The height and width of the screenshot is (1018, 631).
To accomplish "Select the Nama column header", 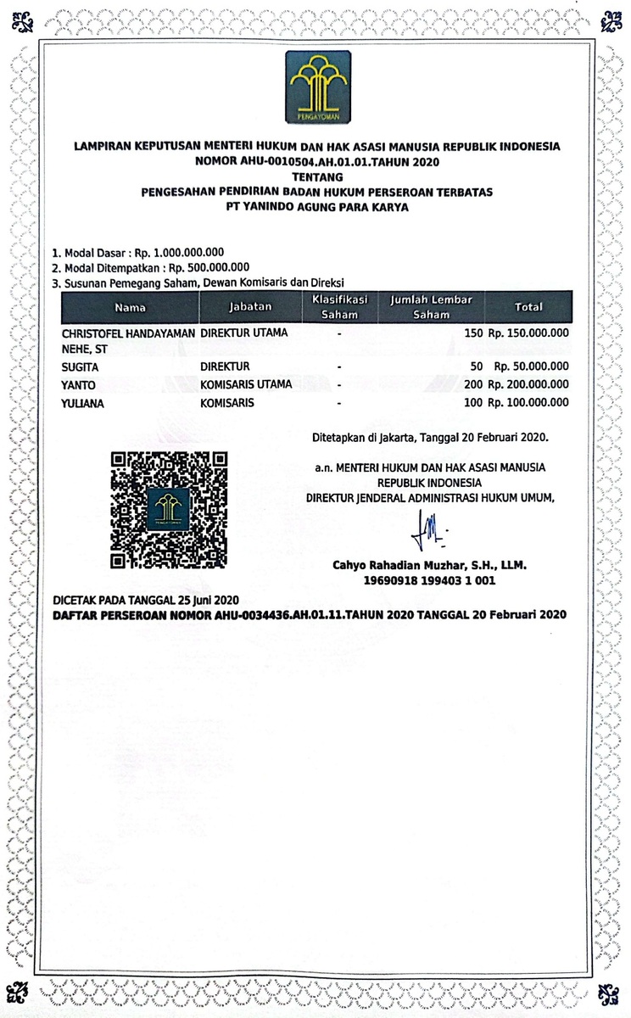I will click(130, 307).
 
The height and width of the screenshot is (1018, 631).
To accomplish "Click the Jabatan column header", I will click(249, 307).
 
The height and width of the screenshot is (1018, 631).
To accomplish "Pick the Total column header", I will click(528, 307).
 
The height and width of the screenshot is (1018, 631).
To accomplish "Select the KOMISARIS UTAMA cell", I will click(246, 384).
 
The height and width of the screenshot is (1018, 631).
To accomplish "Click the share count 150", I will click(472, 333).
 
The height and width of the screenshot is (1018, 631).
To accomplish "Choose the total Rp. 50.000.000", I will click(531, 366).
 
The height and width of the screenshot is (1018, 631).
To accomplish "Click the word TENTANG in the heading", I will click(316, 177).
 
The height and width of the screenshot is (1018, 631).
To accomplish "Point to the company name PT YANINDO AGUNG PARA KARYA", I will click(317, 206).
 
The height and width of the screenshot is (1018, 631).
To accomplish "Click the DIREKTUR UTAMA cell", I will click(243, 333).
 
